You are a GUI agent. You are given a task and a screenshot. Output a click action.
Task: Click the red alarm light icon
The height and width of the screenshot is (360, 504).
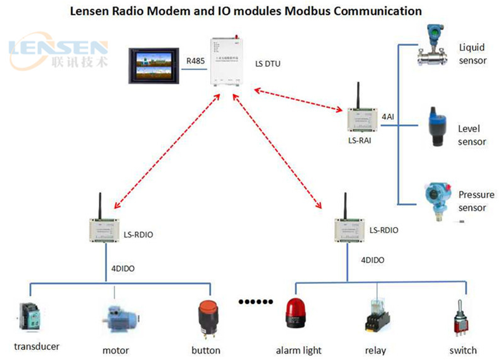coord(296,313)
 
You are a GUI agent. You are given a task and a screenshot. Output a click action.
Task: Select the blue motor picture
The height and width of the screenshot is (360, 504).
coord(121,319)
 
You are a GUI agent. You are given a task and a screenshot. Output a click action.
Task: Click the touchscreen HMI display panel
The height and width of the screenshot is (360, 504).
coord(154,66)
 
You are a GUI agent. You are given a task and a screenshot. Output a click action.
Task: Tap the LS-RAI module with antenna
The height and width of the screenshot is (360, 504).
coord(362,118)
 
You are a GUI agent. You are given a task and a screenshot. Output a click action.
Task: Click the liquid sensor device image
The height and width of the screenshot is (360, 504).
coord(433,46)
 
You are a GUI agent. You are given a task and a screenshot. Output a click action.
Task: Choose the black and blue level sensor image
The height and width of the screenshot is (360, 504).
coord(438,127)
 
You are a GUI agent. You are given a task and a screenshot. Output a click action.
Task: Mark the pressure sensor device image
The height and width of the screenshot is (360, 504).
coord(438,200)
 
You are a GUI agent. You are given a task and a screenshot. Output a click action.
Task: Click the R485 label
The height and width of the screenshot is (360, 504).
coord(195,61)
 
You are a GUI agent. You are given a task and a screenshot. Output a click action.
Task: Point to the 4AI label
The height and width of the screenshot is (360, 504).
coord(388,117)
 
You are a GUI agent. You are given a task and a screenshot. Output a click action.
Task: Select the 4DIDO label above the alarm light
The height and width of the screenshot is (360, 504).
coord(373,260)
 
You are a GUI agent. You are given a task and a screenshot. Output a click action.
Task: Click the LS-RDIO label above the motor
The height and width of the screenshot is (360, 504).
coord(138,235)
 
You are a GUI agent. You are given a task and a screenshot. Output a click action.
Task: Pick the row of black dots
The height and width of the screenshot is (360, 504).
coord(256,302)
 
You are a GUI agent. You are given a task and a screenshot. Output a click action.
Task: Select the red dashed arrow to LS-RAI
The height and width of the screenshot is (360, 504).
coord(298,100)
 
